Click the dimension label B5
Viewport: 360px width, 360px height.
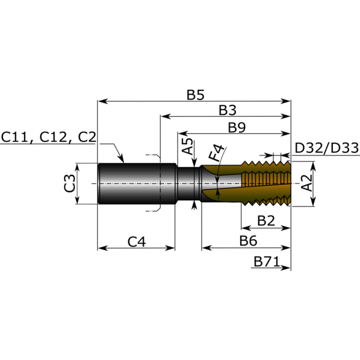(x=195, y=95)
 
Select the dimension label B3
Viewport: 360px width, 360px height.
(x=228, y=111)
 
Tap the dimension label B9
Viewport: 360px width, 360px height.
(x=237, y=128)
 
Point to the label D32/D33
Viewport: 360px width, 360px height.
(x=326, y=148)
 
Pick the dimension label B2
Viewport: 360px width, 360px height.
(x=265, y=220)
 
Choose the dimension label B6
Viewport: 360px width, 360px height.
(x=248, y=240)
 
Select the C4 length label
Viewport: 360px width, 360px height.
(x=137, y=241)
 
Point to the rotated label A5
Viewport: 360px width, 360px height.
(x=189, y=148)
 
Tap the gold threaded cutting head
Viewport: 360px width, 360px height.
(x=264, y=183)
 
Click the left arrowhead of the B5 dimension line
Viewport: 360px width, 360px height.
(x=102, y=101)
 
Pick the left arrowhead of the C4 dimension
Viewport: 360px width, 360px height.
(x=102, y=248)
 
